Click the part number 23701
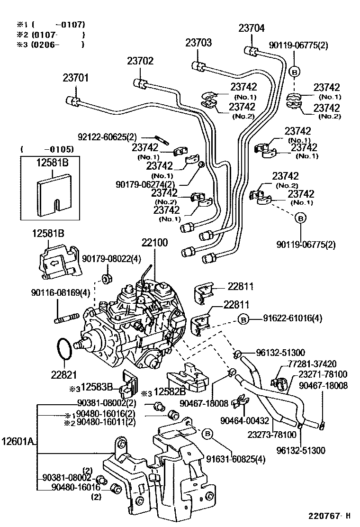(x=76, y=78)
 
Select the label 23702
(x=140, y=61)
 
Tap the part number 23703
(x=198, y=43)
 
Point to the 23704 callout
(x=251, y=28)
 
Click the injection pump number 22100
(x=154, y=243)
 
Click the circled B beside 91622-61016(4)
(x=243, y=319)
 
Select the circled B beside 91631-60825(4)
(x=207, y=433)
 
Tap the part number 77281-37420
(x=312, y=364)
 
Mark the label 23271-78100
(x=323, y=373)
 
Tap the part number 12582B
(x=169, y=391)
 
